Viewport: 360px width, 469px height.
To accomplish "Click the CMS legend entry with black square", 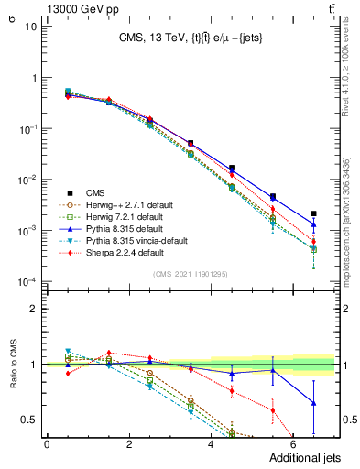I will pos(96,192).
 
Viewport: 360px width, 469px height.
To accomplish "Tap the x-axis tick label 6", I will pos(293,444).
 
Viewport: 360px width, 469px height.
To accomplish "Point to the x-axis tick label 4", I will pos(211,444).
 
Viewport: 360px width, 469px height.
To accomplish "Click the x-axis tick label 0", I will pos(47,444).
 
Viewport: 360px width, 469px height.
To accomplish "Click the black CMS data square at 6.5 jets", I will pos(313,213).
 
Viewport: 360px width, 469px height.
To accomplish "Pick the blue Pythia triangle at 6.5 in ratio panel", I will pos(313,403).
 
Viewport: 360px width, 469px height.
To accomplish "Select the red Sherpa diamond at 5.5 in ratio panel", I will pos(272,409).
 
